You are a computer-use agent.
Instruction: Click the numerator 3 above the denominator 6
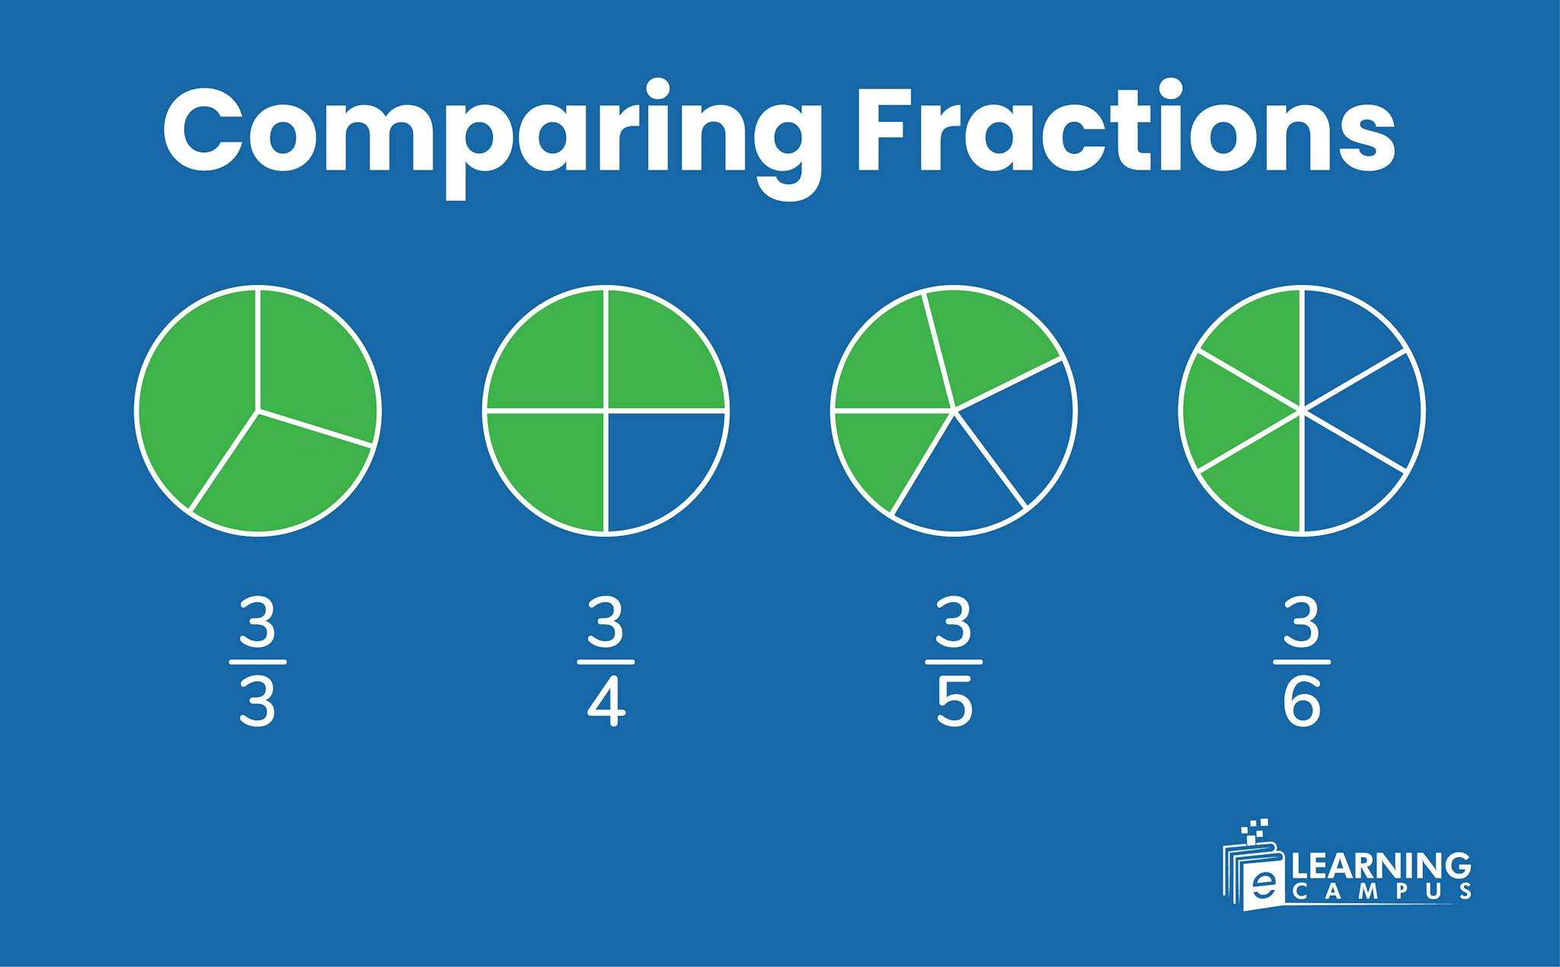pyautogui.click(x=1301, y=622)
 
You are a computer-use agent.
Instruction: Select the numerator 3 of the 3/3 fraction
pyautogui.click(x=257, y=622)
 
